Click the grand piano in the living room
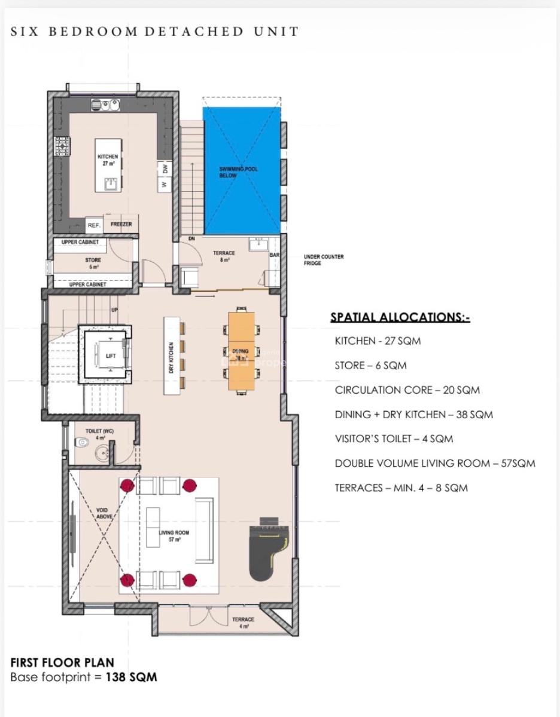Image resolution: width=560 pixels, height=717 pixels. (268, 553)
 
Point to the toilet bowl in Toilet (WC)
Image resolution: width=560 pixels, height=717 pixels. (84, 443)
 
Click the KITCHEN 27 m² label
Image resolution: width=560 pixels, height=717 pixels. (108, 160)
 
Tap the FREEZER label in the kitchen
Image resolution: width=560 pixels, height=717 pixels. (121, 225)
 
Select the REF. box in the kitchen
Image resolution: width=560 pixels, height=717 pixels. (94, 226)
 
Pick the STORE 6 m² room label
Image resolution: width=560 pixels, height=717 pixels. (93, 263)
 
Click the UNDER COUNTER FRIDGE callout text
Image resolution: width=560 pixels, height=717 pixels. (323, 260)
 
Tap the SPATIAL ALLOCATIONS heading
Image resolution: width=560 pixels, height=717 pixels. (400, 317)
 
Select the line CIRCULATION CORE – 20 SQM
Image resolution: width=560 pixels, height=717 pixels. (407, 390)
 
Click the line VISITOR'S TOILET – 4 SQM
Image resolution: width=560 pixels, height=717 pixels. (394, 439)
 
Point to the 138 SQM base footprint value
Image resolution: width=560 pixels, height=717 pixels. (132, 678)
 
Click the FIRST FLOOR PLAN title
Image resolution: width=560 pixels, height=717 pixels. (62, 663)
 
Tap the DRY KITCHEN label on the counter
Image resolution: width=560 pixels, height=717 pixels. (172, 358)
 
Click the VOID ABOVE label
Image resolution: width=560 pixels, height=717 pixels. (104, 513)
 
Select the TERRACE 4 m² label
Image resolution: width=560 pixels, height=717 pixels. (243, 623)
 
